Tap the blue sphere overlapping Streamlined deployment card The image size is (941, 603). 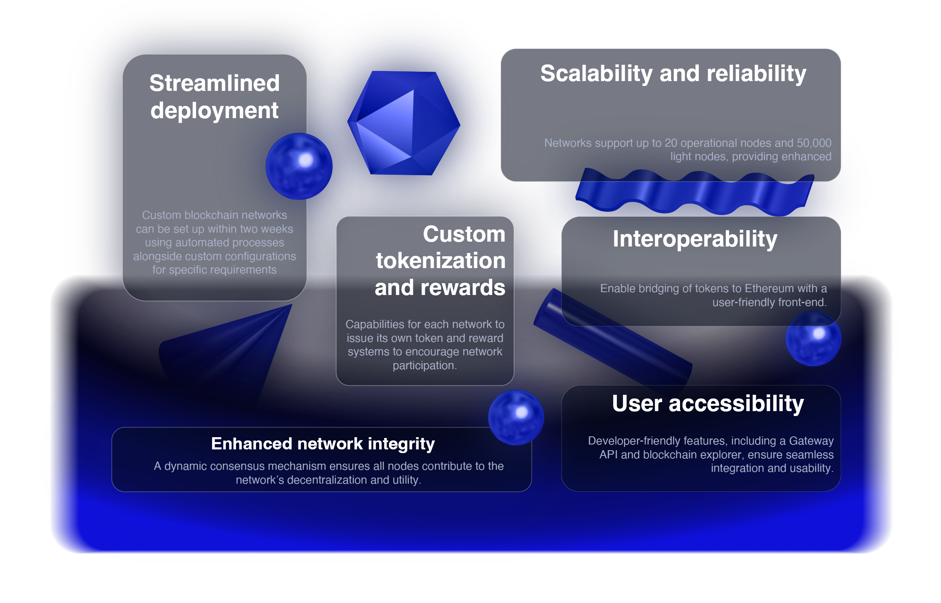click(299, 166)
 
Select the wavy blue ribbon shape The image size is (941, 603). click(695, 192)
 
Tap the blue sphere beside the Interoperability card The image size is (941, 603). click(813, 339)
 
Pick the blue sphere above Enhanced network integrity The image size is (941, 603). click(516, 417)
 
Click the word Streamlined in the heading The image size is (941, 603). click(214, 83)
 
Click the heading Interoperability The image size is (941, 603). click(695, 239)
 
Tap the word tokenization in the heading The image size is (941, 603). click(441, 261)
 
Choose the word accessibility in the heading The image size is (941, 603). click(736, 404)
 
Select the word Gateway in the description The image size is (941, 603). click(811, 441)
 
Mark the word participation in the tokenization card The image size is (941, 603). click(424, 366)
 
